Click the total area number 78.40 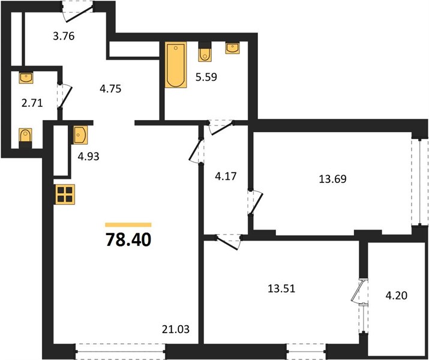tap(128, 240)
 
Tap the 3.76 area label tap(64, 36)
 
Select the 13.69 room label tap(332, 179)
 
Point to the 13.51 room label tap(281, 289)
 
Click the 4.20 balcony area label tap(397, 295)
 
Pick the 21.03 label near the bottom tap(176, 329)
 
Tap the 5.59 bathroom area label tap(206, 77)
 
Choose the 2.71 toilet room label tap(32, 103)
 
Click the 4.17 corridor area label tap(226, 176)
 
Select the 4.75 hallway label tap(110, 89)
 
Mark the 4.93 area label tap(88, 157)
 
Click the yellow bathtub tap(176, 65)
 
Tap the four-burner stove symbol tap(65, 194)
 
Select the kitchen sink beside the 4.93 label tap(80, 135)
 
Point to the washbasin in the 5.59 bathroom tap(233, 48)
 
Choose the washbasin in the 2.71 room tap(26, 77)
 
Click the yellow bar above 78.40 tap(128, 225)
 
